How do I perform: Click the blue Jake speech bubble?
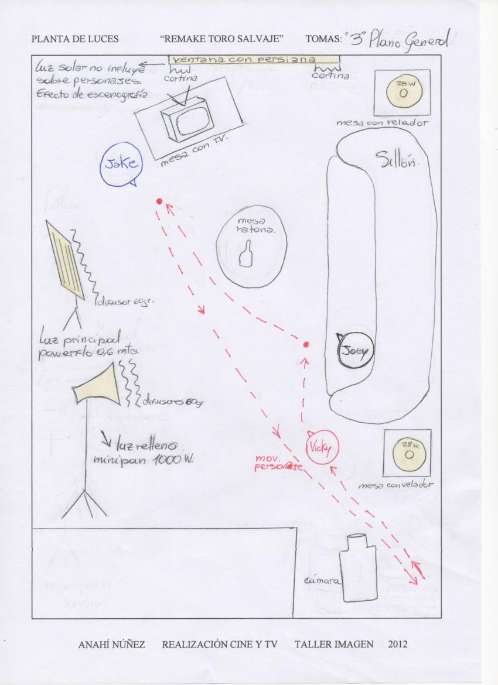[120, 165]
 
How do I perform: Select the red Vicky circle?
[322, 448]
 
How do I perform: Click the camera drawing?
[357, 567]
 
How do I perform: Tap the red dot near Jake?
[159, 201]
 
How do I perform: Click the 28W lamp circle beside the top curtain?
[403, 92]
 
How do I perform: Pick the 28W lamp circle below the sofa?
[408, 453]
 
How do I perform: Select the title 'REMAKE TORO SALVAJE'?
[221, 39]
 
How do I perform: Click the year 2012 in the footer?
[397, 645]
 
